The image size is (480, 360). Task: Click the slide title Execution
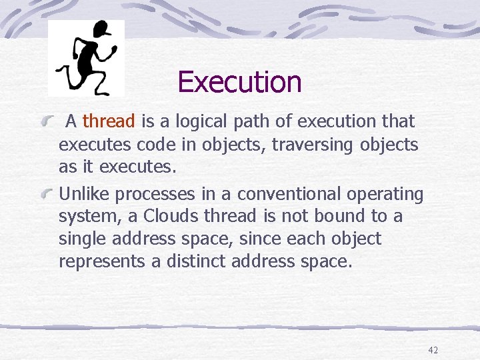click(x=239, y=82)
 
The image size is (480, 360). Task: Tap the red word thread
click(x=109, y=121)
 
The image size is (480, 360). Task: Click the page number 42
click(x=433, y=350)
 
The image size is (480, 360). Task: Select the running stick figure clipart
click(x=87, y=58)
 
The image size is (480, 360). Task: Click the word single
click(x=82, y=239)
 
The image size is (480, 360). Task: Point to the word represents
click(x=102, y=261)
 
